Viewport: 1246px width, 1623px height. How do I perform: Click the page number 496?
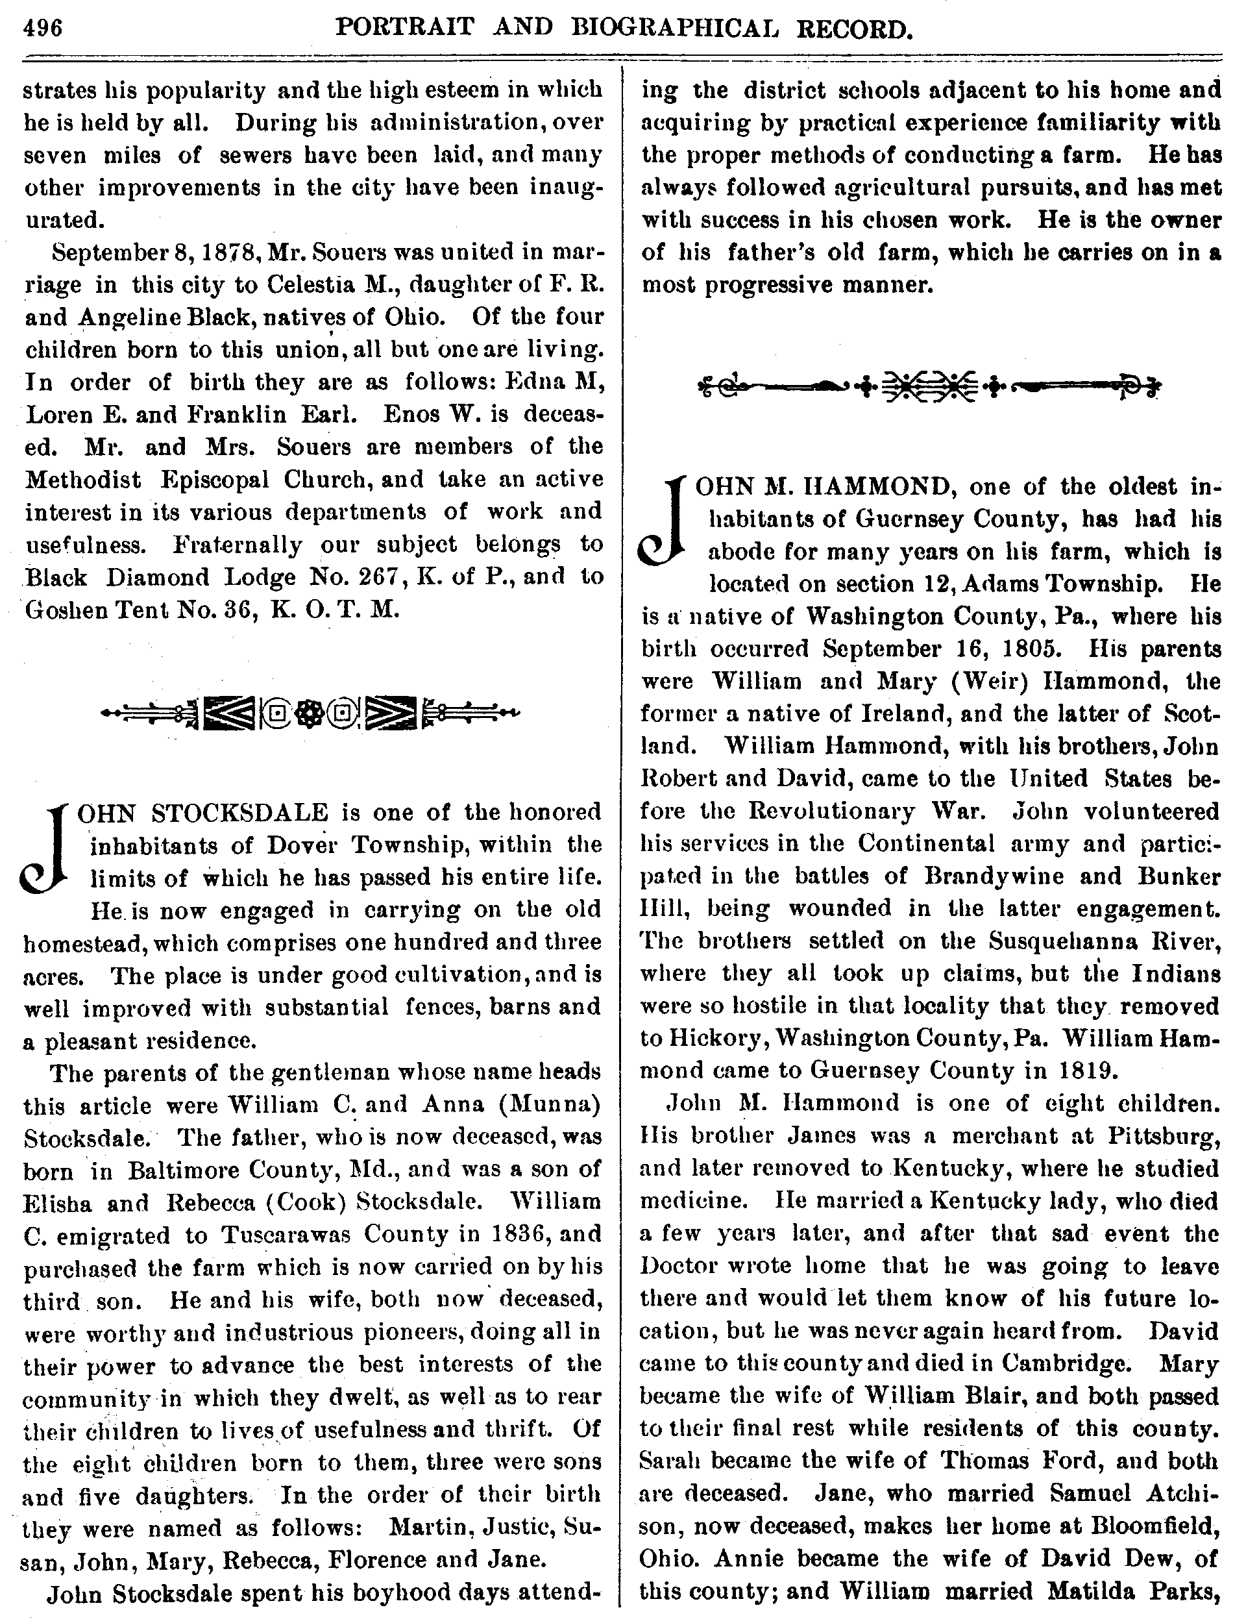coord(43,27)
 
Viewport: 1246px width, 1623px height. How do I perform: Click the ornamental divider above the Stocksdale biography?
coord(311,713)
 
